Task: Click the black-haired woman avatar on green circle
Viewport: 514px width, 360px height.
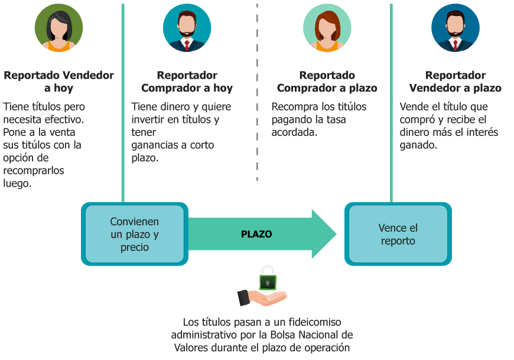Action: (58, 28)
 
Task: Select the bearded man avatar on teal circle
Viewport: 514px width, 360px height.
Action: (187, 28)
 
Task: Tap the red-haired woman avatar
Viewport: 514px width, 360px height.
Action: (327, 28)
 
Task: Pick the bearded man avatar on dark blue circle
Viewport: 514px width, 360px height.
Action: (456, 28)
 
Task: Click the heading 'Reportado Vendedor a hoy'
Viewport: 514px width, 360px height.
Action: (58, 82)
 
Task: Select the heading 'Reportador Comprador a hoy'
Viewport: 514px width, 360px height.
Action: (187, 82)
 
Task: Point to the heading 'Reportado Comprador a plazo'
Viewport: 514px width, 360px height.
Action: (327, 82)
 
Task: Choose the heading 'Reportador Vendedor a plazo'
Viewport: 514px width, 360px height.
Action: (456, 82)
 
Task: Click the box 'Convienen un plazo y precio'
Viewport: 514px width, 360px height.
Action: (134, 234)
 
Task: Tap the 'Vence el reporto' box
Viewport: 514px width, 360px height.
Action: (398, 234)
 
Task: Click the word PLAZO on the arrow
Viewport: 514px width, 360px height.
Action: (256, 234)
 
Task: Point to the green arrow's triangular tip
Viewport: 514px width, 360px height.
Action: (337, 233)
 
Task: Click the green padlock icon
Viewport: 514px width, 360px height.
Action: (268, 278)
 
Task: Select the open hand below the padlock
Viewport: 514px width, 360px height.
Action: (262, 297)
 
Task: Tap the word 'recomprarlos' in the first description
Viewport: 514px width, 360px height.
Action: (34, 170)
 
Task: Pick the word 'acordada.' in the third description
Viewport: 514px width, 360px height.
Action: (294, 132)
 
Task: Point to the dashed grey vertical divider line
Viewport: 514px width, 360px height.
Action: (257, 92)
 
